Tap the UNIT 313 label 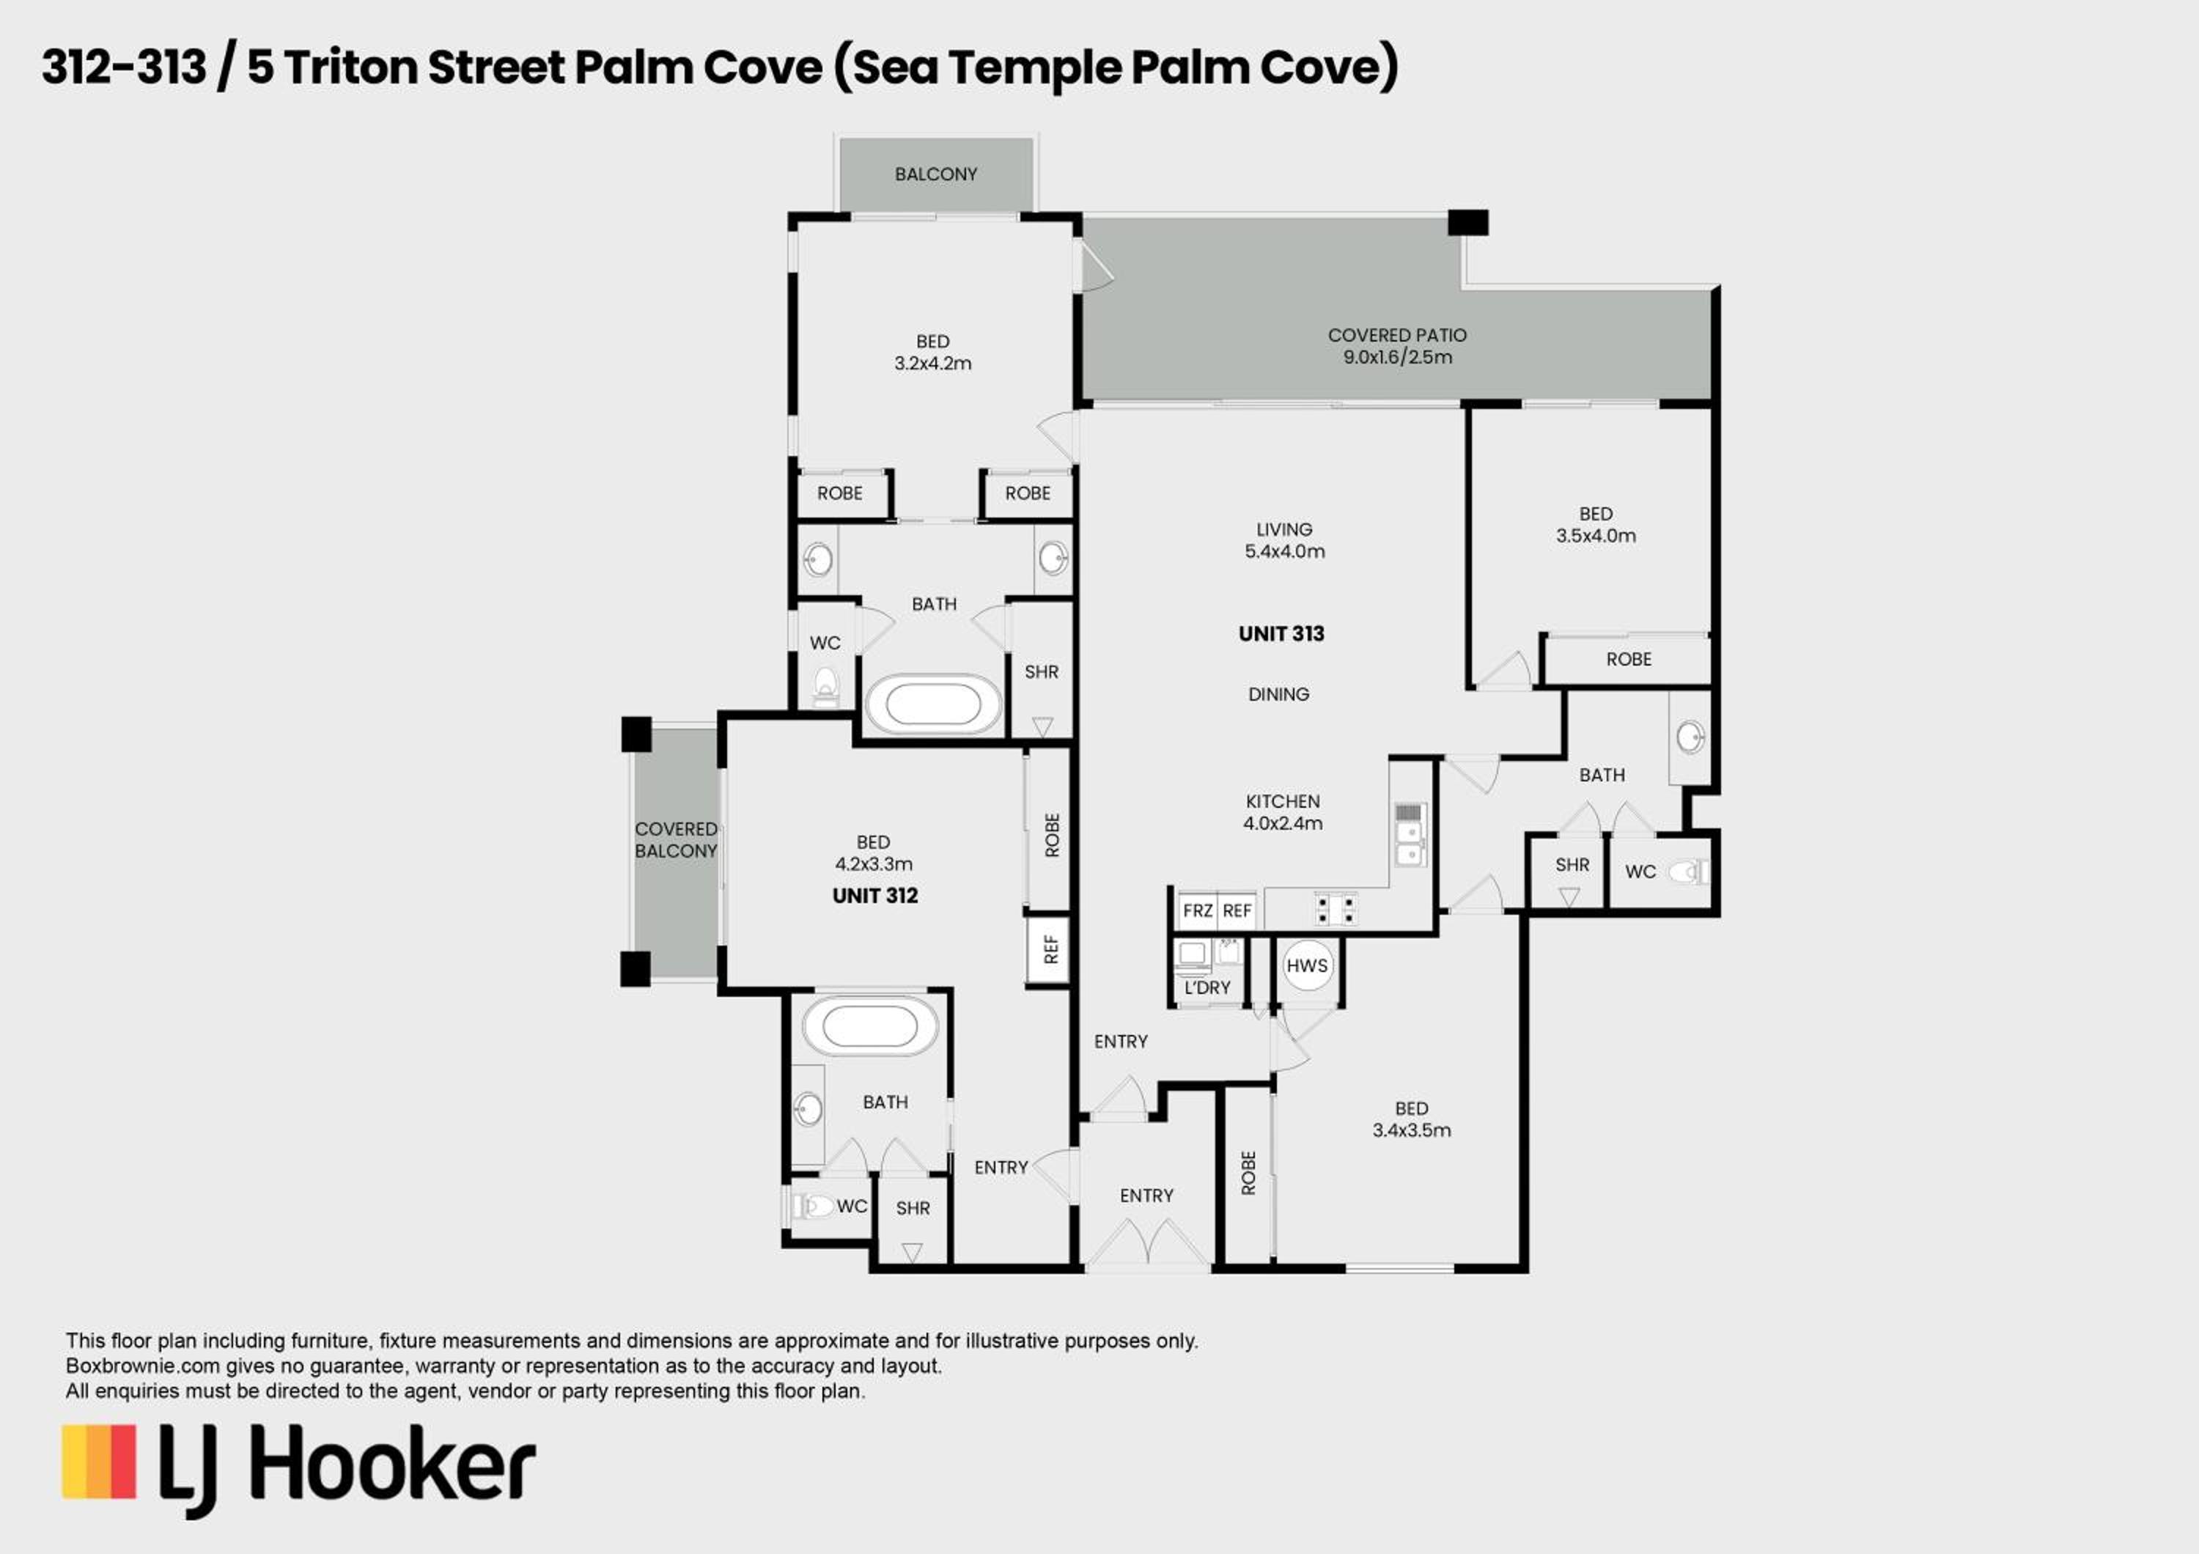coord(1281,634)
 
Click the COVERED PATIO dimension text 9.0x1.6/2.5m coord(1397,357)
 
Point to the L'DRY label coord(1207,987)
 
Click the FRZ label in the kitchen coord(1197,910)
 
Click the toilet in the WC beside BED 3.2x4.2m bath coord(825,685)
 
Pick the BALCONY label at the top coord(936,174)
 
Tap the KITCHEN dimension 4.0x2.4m coord(1283,823)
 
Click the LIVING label coord(1284,529)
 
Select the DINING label coord(1278,694)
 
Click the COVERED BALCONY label coord(675,840)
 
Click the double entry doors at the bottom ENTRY coord(1146,1242)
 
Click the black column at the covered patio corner coord(1467,222)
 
